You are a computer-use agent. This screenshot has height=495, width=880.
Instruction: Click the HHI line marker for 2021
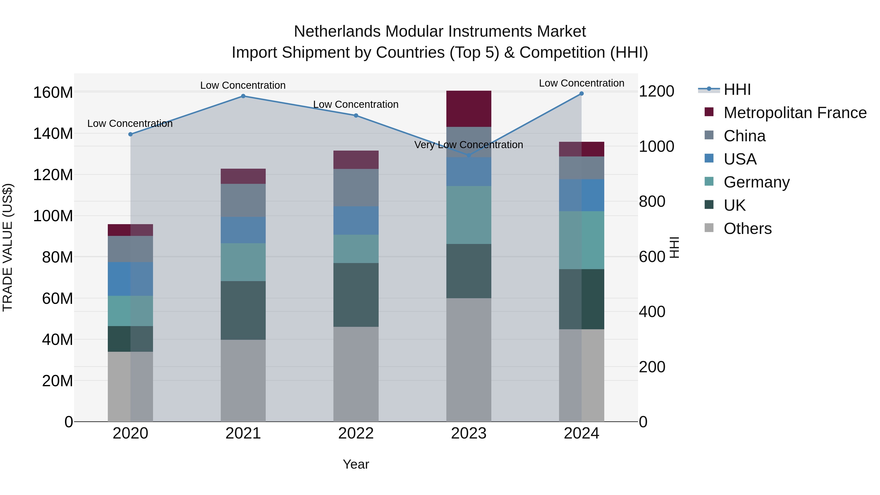point(243,96)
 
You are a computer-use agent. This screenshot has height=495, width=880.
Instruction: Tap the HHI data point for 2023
point(469,155)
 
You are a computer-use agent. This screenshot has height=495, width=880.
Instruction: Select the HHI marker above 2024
point(582,94)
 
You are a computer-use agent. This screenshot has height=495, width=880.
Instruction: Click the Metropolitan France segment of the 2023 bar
point(469,109)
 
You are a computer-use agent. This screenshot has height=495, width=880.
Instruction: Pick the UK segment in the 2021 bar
point(243,310)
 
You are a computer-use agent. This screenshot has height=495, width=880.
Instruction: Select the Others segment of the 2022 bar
point(356,374)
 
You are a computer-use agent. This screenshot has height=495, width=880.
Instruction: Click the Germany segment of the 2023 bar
point(469,215)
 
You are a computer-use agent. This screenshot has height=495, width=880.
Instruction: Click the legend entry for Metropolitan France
point(795,113)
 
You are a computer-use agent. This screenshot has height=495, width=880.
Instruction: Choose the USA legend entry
point(740,159)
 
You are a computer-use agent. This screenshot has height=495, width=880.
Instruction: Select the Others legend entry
point(748,229)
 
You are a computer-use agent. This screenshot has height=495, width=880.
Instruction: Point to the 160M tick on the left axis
point(53,93)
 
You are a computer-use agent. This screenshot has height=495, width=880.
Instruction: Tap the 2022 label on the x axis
point(356,433)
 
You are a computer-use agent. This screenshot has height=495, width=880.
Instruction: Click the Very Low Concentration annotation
point(469,145)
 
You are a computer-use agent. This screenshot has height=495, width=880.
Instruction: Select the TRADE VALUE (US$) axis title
point(8,247)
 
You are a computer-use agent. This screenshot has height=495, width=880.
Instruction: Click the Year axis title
point(356,464)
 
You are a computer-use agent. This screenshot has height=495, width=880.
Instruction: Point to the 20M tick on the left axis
point(57,381)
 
